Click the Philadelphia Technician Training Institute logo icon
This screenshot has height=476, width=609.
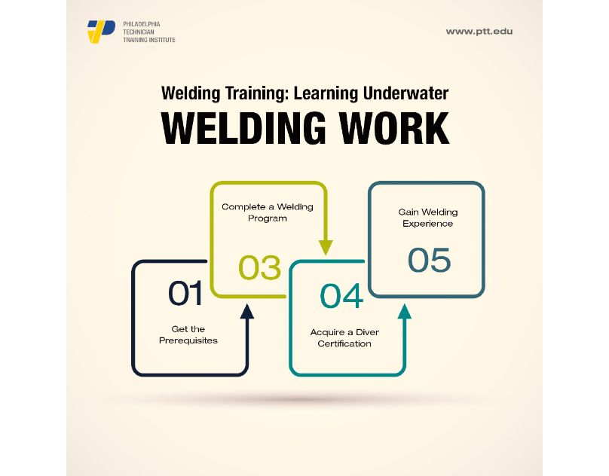pos(101,32)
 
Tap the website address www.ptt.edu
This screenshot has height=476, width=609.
pos(479,32)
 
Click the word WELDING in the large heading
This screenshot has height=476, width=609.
pos(249,128)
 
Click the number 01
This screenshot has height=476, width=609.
pos(185,294)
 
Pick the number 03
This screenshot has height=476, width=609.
pos(260,268)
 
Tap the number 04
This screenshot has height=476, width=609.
pos(341,296)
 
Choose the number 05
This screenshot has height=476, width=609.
pos(429,261)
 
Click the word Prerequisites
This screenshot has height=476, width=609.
pos(188,340)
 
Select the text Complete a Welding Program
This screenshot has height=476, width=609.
pos(268,212)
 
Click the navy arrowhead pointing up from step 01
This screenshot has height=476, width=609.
pos(246,310)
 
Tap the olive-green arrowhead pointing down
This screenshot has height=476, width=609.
pos(326,247)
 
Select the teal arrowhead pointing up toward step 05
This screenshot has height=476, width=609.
pos(405,311)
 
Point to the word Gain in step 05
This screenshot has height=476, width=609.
pos(408,212)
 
